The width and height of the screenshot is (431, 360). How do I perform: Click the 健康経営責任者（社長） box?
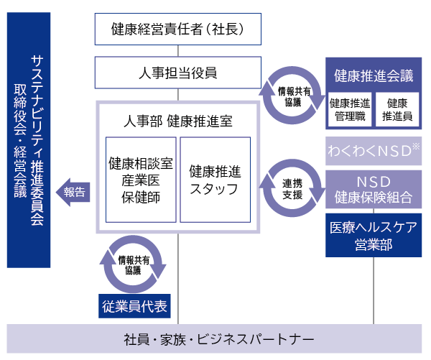178,29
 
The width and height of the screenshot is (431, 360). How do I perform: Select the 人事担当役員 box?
178,73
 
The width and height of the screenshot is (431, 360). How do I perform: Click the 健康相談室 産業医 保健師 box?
140,180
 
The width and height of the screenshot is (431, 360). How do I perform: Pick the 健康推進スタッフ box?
215,180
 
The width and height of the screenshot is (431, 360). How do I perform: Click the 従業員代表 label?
134,306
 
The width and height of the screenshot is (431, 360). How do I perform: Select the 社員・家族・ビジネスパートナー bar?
215,338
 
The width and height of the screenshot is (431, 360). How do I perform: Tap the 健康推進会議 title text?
374,75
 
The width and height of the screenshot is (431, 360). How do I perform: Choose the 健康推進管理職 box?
350,109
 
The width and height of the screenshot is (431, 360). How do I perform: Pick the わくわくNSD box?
374,152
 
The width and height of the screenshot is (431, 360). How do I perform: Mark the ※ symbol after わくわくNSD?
415,147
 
